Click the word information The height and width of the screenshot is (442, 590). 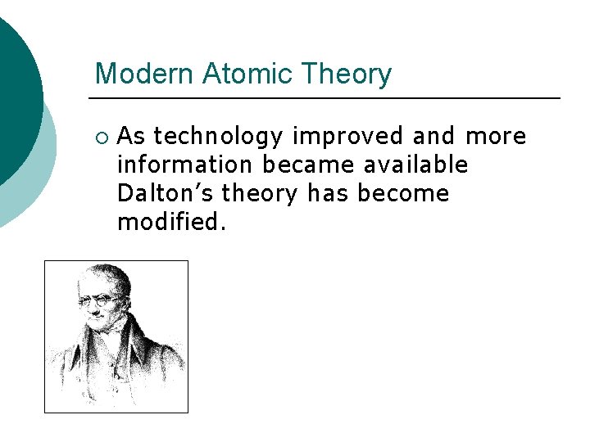(185, 165)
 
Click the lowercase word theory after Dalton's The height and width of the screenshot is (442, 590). (261, 194)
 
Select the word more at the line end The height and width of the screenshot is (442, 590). (496, 136)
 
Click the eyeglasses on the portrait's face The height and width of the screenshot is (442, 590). (99, 300)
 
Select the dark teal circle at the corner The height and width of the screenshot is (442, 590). (12, 90)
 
